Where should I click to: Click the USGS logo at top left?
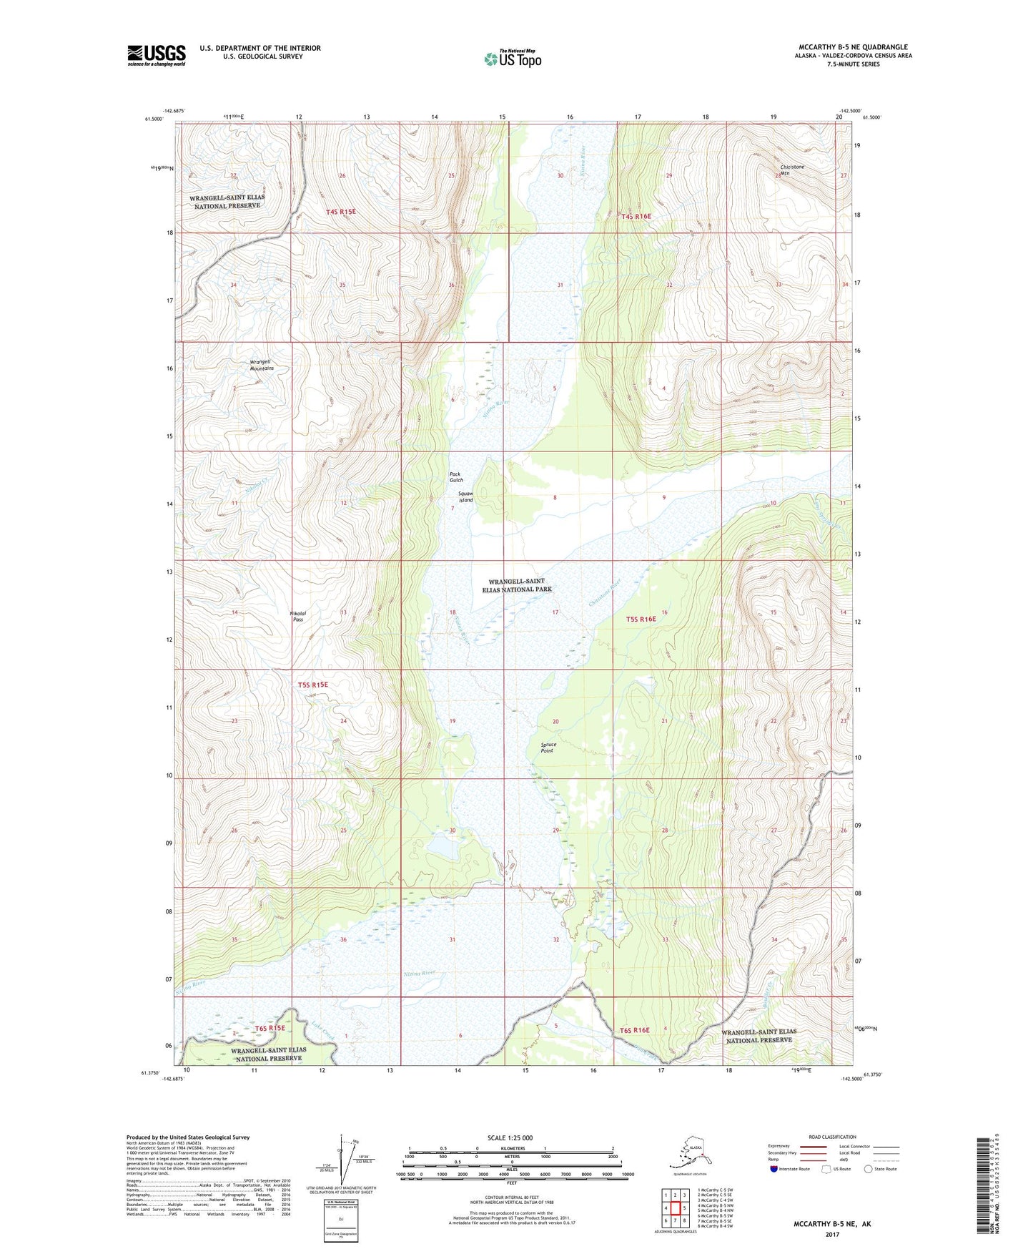click(x=157, y=55)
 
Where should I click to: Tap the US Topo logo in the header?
click(x=513, y=59)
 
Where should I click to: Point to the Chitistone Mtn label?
click(x=791, y=170)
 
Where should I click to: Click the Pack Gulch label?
click(x=456, y=477)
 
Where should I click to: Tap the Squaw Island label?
click(x=466, y=496)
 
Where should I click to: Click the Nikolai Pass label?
click(x=297, y=616)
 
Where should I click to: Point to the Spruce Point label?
click(x=548, y=747)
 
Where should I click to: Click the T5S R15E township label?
click(x=312, y=685)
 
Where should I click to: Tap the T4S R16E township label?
click(x=636, y=216)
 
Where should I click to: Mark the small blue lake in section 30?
click(x=443, y=849)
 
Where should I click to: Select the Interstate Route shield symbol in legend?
click(x=775, y=1169)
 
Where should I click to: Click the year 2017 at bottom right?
click(x=831, y=1234)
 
